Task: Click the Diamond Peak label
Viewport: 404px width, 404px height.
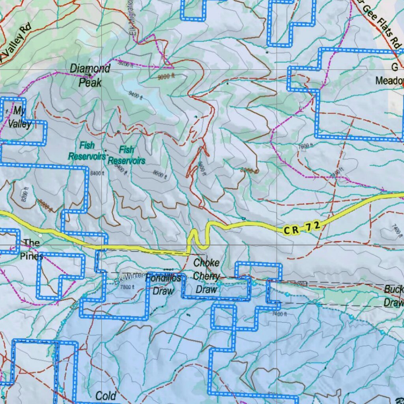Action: pyautogui.click(x=90, y=75)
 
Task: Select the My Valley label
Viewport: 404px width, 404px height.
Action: pyautogui.click(x=19, y=117)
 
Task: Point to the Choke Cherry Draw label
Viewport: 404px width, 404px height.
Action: pyautogui.click(x=206, y=276)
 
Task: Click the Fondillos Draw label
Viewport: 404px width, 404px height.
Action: pyautogui.click(x=163, y=284)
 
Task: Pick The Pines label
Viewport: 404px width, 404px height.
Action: pyautogui.click(x=31, y=249)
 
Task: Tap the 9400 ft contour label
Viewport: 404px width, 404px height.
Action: pyautogui.click(x=135, y=94)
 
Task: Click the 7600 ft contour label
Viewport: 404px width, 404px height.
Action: pyautogui.click(x=305, y=146)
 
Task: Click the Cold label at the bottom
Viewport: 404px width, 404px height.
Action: pyautogui.click(x=106, y=396)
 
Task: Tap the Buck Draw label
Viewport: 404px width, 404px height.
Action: pyautogui.click(x=393, y=296)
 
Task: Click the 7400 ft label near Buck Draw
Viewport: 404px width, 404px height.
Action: pyautogui.click(x=279, y=314)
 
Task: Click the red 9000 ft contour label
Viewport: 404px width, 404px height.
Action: pyautogui.click(x=166, y=77)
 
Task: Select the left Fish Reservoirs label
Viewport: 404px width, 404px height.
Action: pyautogui.click(x=87, y=151)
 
